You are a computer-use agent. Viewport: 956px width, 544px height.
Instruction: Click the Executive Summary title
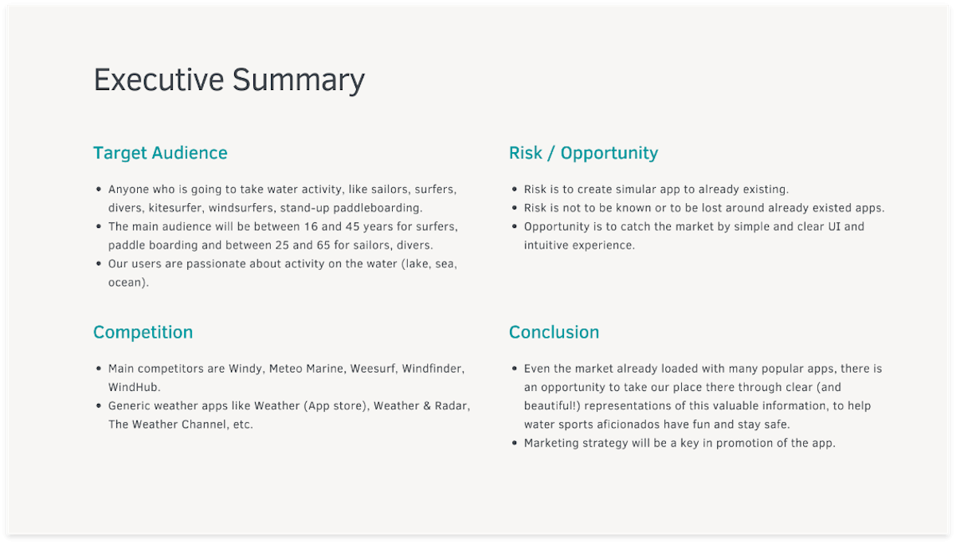pyautogui.click(x=229, y=80)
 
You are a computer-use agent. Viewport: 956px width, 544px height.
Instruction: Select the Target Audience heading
pyautogui.click(x=160, y=153)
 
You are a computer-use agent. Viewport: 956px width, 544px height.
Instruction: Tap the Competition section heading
pyautogui.click(x=143, y=332)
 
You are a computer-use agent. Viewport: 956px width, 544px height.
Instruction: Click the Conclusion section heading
pyautogui.click(x=554, y=332)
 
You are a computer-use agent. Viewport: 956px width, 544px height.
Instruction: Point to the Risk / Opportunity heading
pyautogui.click(x=583, y=153)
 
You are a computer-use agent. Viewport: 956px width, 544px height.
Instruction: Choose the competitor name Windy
pyautogui.click(x=245, y=369)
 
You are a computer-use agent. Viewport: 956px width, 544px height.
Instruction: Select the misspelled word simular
pyautogui.click(x=633, y=190)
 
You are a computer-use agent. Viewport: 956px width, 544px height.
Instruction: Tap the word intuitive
pyautogui.click(x=545, y=245)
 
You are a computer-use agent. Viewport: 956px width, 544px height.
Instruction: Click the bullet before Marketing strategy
pyautogui.click(x=514, y=443)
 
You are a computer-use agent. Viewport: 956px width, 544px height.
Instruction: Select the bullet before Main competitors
pyautogui.click(x=99, y=369)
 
